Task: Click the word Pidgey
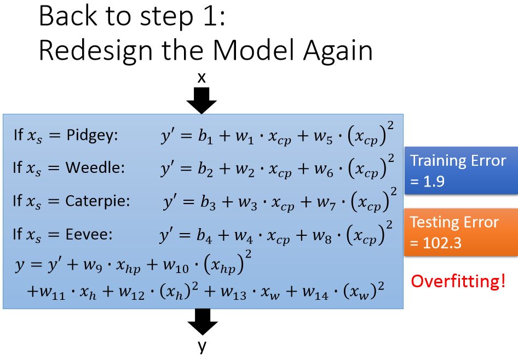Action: point(92,136)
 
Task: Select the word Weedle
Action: point(95,169)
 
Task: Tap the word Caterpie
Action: point(97,201)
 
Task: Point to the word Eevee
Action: point(89,234)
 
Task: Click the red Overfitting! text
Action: point(458,281)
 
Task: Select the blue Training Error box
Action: point(461,171)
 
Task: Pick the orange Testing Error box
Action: point(461,232)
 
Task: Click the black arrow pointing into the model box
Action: point(202,100)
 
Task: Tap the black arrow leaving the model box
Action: point(202,321)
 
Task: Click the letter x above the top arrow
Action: point(202,78)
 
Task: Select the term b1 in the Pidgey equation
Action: point(209,136)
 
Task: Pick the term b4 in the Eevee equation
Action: point(208,235)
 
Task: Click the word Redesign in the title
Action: point(93,51)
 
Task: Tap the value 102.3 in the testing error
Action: point(442,242)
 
